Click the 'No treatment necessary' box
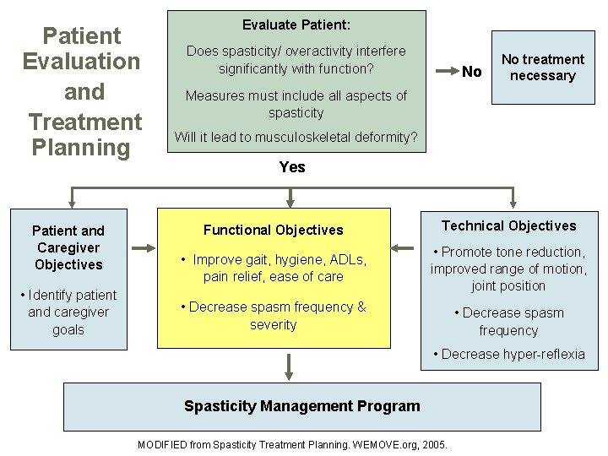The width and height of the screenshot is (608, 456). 543,68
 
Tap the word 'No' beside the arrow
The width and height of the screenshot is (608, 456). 472,72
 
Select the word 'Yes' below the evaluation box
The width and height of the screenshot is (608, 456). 292,166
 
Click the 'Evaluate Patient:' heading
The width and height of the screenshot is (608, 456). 296,25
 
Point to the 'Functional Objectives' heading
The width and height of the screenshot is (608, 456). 274,230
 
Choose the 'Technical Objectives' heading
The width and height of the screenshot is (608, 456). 508,225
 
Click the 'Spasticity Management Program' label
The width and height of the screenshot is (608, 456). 301,406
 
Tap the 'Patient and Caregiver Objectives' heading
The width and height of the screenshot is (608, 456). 68,247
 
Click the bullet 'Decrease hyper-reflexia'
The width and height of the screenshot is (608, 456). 508,354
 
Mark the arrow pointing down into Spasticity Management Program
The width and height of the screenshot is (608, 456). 290,366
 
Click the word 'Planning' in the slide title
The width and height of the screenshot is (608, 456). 80,148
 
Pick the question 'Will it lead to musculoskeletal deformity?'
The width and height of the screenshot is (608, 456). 296,137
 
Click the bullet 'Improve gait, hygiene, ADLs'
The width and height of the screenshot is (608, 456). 274,268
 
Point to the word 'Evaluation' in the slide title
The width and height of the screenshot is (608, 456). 81,62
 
